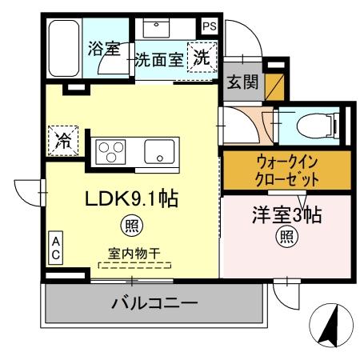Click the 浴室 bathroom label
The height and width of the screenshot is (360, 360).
point(104,49)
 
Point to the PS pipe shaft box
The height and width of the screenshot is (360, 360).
point(208,26)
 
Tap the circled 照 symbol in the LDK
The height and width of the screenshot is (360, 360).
point(127,224)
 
